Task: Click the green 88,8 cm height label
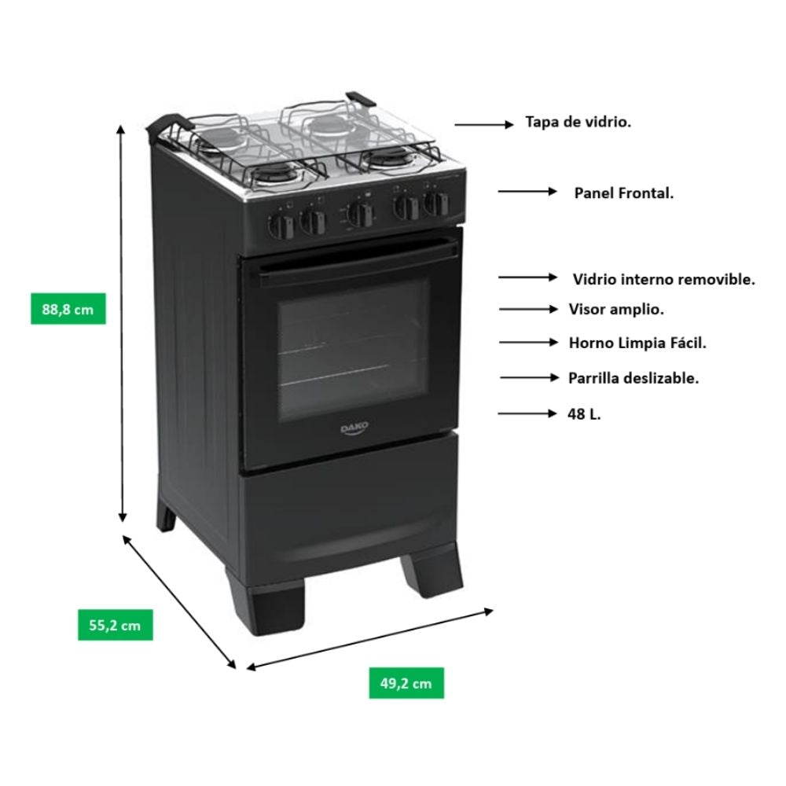[x=68, y=309]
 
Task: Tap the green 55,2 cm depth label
[x=116, y=625]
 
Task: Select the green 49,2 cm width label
[x=406, y=683]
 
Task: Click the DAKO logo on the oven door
[x=354, y=428]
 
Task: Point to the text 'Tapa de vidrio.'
[x=578, y=122]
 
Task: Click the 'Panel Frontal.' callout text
[x=623, y=193]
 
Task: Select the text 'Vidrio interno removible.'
[x=663, y=279]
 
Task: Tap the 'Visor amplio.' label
[x=616, y=309]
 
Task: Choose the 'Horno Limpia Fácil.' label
[x=637, y=343]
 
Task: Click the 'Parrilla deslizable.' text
[x=633, y=378]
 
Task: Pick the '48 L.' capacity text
[x=584, y=414]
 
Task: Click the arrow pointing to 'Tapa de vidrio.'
[x=484, y=124]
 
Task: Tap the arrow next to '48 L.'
[x=527, y=413]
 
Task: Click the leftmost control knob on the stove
[x=281, y=226]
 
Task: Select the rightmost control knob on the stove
[x=435, y=204]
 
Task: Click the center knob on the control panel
[x=360, y=215]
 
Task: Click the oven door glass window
[x=354, y=351]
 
